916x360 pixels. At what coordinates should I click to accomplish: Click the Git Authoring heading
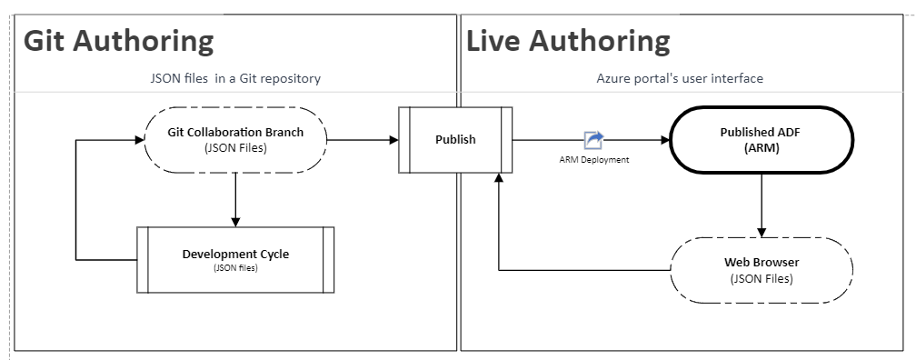click(x=118, y=42)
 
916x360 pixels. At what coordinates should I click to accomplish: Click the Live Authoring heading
click(x=568, y=42)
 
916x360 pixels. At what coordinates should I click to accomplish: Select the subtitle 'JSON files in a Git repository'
click(x=235, y=79)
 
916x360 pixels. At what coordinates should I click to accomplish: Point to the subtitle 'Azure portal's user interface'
click(x=680, y=79)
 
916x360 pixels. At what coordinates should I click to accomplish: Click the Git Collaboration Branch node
click(x=235, y=139)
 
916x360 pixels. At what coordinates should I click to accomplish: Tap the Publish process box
click(x=455, y=139)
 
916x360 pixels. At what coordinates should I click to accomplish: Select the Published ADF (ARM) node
click(x=761, y=139)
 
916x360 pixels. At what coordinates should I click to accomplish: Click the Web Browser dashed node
click(x=761, y=270)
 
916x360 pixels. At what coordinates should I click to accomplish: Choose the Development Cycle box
click(x=235, y=259)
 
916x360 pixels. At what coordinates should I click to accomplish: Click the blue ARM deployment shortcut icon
click(x=593, y=139)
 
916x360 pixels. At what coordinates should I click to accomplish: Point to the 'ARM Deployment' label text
click(x=594, y=159)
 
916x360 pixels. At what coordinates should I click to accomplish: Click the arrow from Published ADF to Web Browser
click(x=761, y=204)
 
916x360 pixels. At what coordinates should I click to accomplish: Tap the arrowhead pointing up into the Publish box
click(x=498, y=179)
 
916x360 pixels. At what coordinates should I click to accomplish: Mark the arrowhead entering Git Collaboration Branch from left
click(x=140, y=140)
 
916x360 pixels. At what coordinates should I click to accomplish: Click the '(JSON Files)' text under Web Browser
click(x=761, y=278)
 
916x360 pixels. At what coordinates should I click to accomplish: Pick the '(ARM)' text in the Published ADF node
click(x=761, y=147)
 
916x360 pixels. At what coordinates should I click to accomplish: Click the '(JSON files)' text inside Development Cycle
click(x=235, y=268)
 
